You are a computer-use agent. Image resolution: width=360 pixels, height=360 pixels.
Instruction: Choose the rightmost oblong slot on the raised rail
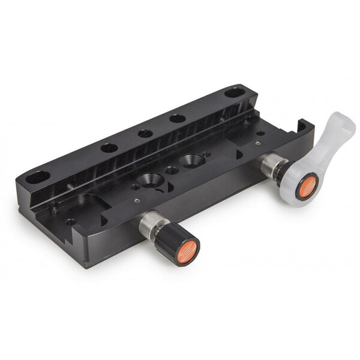(x=235, y=93)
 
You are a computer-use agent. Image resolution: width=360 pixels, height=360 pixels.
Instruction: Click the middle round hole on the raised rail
(x=145, y=133)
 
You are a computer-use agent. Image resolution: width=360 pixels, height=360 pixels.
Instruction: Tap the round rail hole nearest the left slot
(x=109, y=148)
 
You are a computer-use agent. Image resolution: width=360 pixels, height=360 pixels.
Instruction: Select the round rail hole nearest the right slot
(x=177, y=118)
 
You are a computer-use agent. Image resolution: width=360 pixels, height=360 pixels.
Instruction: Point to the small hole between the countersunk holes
(x=172, y=170)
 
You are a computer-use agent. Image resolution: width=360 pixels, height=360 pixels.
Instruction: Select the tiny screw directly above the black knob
(x=137, y=201)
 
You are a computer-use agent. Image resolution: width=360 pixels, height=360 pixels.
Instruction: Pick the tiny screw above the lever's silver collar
(x=257, y=143)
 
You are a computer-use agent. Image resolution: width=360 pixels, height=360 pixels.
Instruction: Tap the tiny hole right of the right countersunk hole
(x=207, y=154)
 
